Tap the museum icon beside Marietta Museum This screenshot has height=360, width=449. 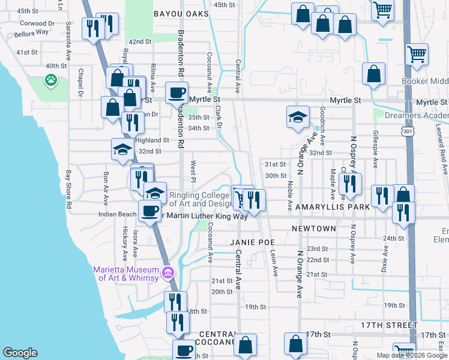168,273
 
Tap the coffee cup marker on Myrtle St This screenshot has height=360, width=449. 176,93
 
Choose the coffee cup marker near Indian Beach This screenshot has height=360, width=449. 149,211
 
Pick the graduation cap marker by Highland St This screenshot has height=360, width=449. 122,149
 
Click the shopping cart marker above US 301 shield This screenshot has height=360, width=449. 417,55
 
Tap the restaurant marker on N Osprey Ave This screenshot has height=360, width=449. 350,184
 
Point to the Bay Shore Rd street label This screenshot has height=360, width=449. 69,181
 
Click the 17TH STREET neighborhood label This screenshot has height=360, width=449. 388,325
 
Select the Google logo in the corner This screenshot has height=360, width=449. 20,353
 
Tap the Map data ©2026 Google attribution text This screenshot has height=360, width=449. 412,355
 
